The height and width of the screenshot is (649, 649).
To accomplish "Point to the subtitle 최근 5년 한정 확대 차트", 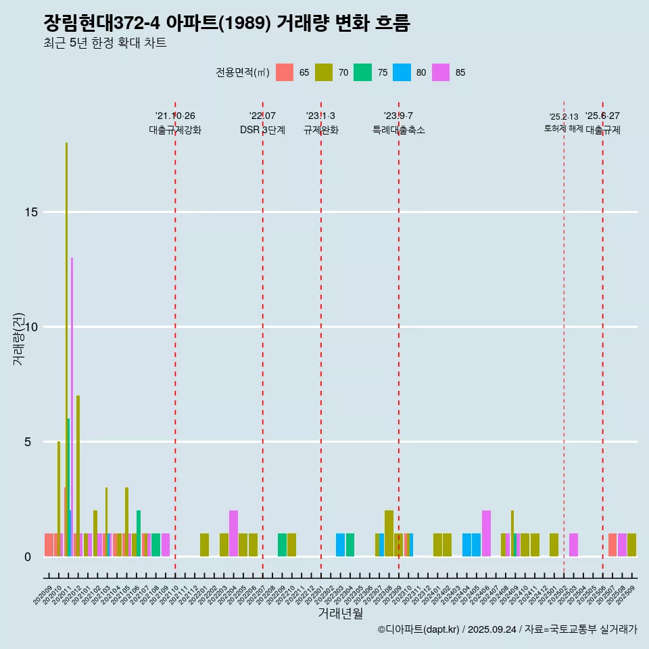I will [105, 43].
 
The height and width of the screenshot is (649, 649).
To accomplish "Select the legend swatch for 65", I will [285, 72].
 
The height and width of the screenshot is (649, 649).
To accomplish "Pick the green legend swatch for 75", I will [363, 72].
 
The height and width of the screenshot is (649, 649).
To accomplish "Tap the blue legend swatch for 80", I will [402, 72].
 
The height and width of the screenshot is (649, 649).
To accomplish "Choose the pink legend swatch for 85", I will [441, 72].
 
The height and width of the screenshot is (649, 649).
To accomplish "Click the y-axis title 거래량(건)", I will [18, 339].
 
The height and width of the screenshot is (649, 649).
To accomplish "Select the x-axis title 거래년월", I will [340, 614].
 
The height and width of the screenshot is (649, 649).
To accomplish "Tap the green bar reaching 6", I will [68, 473].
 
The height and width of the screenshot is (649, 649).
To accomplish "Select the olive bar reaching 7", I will [78, 473].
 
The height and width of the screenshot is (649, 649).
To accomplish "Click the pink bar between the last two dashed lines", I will [573, 545].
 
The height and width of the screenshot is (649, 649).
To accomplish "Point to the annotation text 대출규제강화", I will [175, 130].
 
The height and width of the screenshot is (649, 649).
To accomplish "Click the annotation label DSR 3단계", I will [262, 130].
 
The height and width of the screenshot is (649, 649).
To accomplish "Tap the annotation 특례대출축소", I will [398, 130].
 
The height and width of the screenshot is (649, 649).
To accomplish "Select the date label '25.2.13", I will [563, 117].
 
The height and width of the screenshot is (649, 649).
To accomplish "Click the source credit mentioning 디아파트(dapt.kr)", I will [507, 629].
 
